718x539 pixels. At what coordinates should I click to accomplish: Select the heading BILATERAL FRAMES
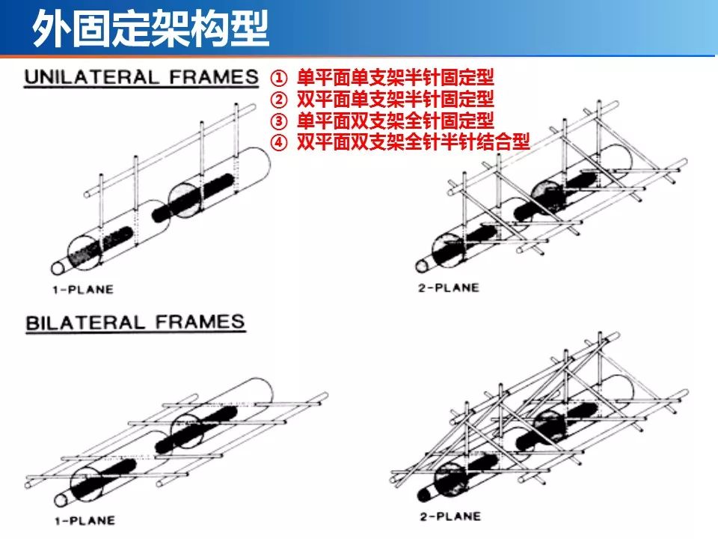[135, 323]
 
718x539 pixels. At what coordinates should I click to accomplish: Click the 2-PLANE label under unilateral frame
[448, 287]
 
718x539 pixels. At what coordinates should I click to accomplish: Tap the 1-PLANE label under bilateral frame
[85, 519]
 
